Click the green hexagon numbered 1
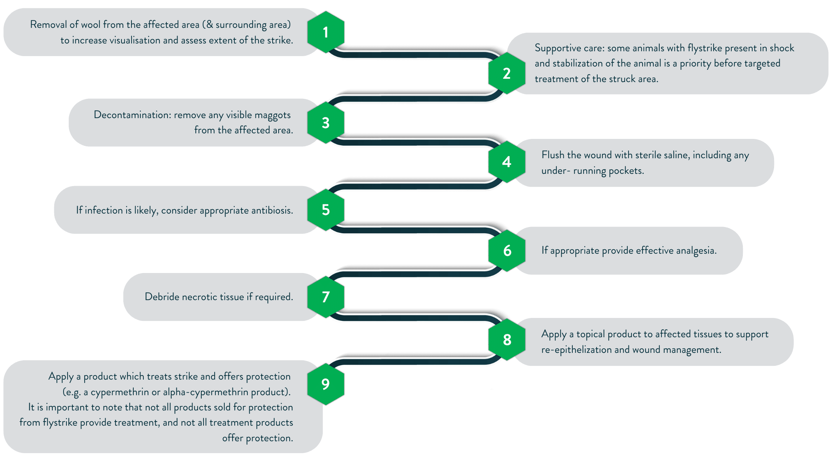click(x=326, y=32)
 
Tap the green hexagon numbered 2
click(x=507, y=73)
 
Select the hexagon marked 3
click(x=326, y=123)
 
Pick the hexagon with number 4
click(x=507, y=162)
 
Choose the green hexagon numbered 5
click(x=326, y=210)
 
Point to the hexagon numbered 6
click(x=507, y=251)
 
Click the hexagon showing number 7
click(x=326, y=297)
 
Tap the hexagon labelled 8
click(x=507, y=339)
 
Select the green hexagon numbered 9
click(x=326, y=384)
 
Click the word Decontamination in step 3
click(x=132, y=115)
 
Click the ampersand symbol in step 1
click(x=209, y=25)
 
